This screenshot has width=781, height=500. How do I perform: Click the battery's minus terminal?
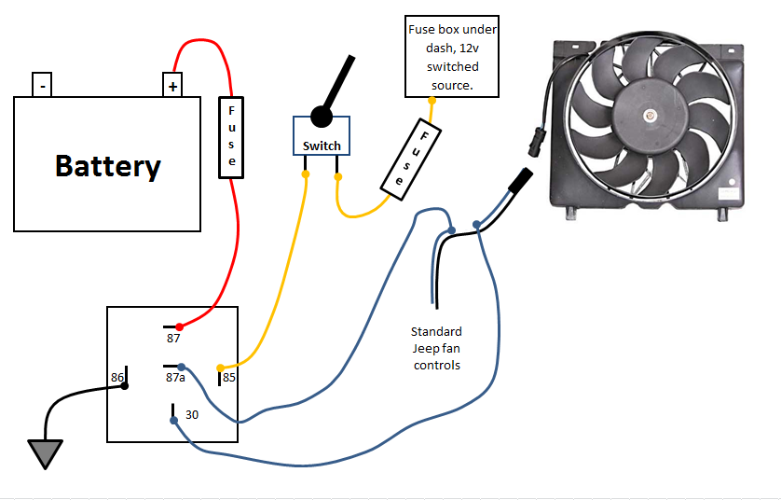pyautogui.click(x=43, y=85)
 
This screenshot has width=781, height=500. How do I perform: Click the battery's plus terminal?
pyautogui.click(x=172, y=85)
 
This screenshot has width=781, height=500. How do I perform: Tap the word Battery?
pyautogui.click(x=107, y=166)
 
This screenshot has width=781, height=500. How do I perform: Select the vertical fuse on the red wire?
pyautogui.click(x=231, y=136)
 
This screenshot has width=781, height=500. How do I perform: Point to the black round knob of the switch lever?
pyautogui.click(x=322, y=116)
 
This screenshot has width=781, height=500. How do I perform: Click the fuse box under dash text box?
pyautogui.click(x=453, y=56)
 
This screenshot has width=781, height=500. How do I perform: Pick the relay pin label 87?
pyautogui.click(x=173, y=339)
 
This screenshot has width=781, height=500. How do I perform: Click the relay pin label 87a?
pyautogui.click(x=175, y=378)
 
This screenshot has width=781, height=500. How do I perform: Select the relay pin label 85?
pyautogui.click(x=228, y=379)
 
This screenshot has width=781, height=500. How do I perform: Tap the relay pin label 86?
pyautogui.click(x=117, y=378)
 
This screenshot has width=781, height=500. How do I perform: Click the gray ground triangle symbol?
pyautogui.click(x=44, y=454)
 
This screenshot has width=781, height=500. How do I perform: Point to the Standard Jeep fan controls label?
pyautogui.click(x=436, y=348)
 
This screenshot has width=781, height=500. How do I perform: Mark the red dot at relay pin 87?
pyautogui.click(x=180, y=326)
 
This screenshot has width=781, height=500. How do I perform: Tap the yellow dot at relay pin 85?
pyautogui.click(x=220, y=367)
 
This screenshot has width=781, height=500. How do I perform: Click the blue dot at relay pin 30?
pyautogui.click(x=174, y=421)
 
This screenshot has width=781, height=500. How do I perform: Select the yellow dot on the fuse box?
pyautogui.click(x=432, y=99)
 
